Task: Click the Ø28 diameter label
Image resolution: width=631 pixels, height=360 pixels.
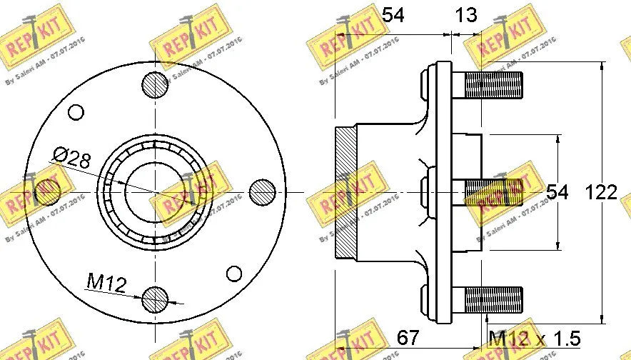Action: (x=71, y=157)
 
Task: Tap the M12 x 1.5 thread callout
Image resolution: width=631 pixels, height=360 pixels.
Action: (x=534, y=337)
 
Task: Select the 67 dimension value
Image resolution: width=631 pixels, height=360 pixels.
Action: (x=408, y=337)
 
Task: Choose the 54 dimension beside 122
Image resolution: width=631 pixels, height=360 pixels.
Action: (x=557, y=193)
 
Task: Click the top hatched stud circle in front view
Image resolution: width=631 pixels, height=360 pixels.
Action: (x=155, y=86)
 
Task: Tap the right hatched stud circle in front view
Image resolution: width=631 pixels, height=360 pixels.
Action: (x=263, y=191)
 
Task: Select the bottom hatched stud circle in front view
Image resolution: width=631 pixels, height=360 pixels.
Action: (x=155, y=299)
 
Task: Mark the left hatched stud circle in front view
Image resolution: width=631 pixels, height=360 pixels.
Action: (x=47, y=191)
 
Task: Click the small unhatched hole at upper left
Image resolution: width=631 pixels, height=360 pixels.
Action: (x=76, y=112)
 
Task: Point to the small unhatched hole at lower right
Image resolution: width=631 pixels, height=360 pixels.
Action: (x=234, y=273)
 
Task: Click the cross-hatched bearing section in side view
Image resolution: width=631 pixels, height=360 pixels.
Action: (x=345, y=193)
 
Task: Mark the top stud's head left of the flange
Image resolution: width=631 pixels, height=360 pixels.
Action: (x=428, y=86)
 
